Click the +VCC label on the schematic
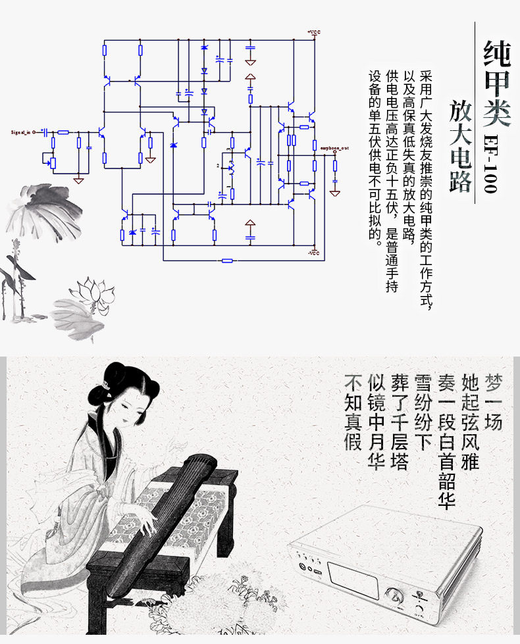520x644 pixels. click(314, 32)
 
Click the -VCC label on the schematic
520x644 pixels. click(314, 253)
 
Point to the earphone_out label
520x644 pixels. click(334, 149)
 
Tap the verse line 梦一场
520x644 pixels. click(493, 402)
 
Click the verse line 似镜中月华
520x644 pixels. click(377, 421)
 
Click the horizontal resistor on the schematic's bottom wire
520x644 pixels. click(227, 260)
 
